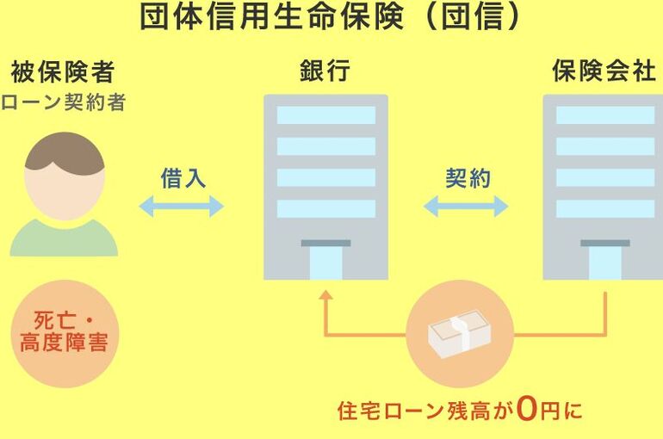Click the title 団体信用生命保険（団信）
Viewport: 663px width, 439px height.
(330, 17)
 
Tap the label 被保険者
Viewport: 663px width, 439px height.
(63, 71)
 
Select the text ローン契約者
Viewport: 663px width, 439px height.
(64, 102)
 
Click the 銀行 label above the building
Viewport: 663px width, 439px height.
(325, 71)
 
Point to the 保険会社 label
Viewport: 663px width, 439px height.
(604, 71)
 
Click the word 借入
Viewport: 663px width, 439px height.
(183, 178)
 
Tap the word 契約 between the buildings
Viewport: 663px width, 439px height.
(468, 178)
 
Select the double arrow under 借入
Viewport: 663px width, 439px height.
(182, 207)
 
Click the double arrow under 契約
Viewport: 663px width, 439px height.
(466, 207)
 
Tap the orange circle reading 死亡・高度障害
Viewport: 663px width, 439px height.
(65, 334)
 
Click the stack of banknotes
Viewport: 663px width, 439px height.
(460, 334)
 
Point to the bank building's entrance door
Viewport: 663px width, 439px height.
(326, 263)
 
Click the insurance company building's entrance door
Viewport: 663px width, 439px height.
(605, 263)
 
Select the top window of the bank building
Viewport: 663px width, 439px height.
(326, 115)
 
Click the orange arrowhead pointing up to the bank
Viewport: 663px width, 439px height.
(325, 295)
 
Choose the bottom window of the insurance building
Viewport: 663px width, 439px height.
(605, 208)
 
